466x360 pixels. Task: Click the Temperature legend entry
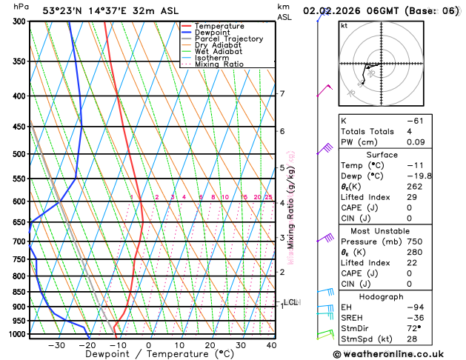pyautogui.click(x=219, y=26)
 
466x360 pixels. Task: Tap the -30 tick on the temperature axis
pyautogui.click(x=56, y=345)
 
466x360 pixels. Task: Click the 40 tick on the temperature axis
pyautogui.click(x=271, y=345)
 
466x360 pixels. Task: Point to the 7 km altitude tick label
pyautogui.click(x=282, y=94)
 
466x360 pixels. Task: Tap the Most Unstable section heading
pyautogui.click(x=397, y=232)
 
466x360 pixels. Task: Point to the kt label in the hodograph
pyautogui.click(x=344, y=26)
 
